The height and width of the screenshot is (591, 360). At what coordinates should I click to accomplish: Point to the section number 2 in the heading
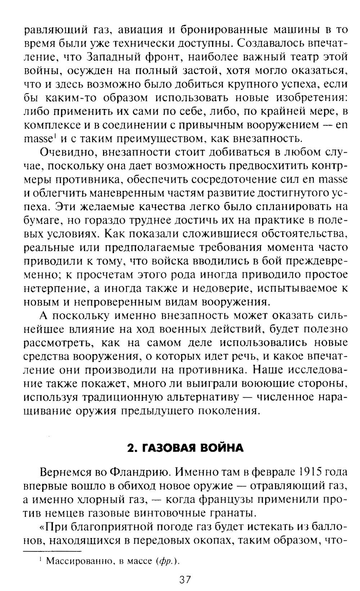[131, 448]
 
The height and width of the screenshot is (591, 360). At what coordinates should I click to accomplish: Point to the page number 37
[185, 580]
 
